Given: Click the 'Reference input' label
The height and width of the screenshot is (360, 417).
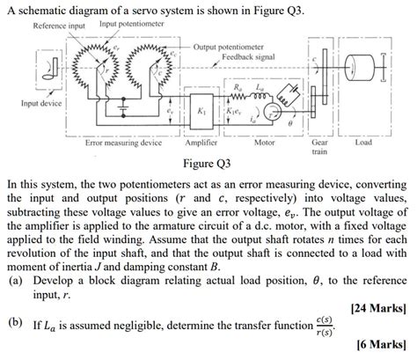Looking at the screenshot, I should point(59,25).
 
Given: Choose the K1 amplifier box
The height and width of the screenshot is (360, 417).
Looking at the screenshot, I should point(202,113).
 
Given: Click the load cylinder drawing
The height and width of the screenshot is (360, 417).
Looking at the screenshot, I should point(363,70).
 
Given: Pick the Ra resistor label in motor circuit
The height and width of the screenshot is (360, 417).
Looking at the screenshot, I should point(239,88).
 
